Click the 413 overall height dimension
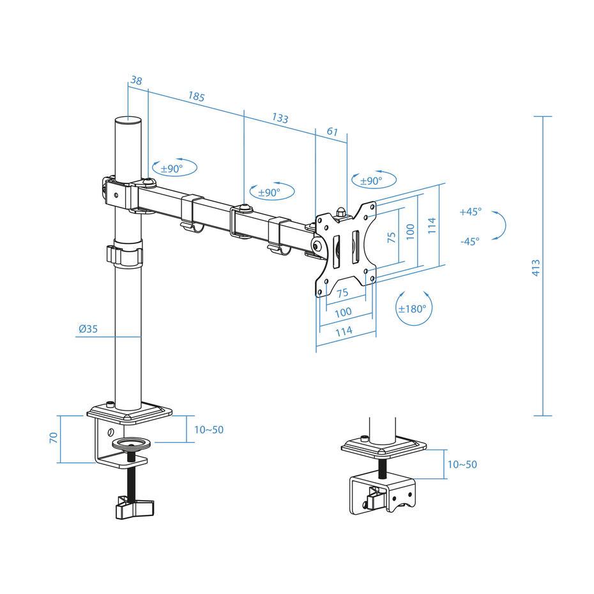[x=536, y=267]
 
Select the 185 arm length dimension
[x=196, y=97]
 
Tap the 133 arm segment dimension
[x=280, y=118]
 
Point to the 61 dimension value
[x=332, y=131]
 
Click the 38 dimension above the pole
[x=135, y=80]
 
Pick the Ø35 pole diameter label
[x=88, y=330]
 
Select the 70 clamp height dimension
[x=54, y=438]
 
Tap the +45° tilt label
[x=470, y=212]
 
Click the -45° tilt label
[x=469, y=241]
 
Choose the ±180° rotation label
[x=412, y=308]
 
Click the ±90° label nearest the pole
[x=171, y=169]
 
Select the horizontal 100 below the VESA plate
[x=343, y=312]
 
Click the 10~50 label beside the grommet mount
[x=462, y=464]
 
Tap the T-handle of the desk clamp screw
[x=135, y=507]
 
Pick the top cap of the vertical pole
[x=128, y=119]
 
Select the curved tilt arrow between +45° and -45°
[x=501, y=226]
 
